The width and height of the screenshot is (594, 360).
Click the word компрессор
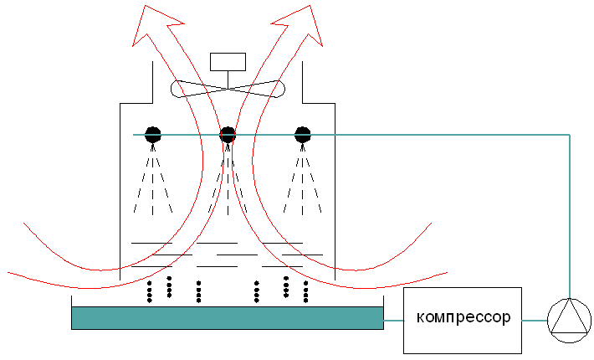pyautogui.click(x=463, y=317)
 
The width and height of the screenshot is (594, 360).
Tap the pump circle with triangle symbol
pyautogui.click(x=570, y=321)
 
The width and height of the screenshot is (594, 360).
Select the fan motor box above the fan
pyautogui.click(x=228, y=62)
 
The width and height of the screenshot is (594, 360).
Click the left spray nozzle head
pyautogui.click(x=152, y=135)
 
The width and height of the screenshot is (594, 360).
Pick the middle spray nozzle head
pyautogui.click(x=228, y=135)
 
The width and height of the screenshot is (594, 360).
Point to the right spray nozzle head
pyautogui.click(x=302, y=135)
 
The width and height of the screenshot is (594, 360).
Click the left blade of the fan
pyautogui.click(x=199, y=89)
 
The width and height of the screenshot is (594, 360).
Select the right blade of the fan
pyautogui.click(x=257, y=89)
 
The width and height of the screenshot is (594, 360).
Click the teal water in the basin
pyautogui.click(x=228, y=318)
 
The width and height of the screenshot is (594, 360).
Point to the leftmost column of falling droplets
pyautogui.click(x=149, y=292)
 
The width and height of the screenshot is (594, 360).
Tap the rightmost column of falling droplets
pyautogui.click(x=305, y=292)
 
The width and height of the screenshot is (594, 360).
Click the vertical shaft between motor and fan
pyautogui.click(x=228, y=80)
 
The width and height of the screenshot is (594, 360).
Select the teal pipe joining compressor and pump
pyautogui.click(x=535, y=321)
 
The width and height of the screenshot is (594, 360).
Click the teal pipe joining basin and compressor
pyautogui.click(x=393, y=321)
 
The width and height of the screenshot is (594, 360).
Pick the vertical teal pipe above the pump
pyautogui.click(x=570, y=216)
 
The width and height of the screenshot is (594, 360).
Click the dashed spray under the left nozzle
pyautogui.click(x=152, y=180)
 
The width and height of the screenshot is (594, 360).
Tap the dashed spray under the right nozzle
pyautogui.click(x=302, y=180)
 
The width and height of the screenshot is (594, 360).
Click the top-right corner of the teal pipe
pyautogui.click(x=570, y=135)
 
